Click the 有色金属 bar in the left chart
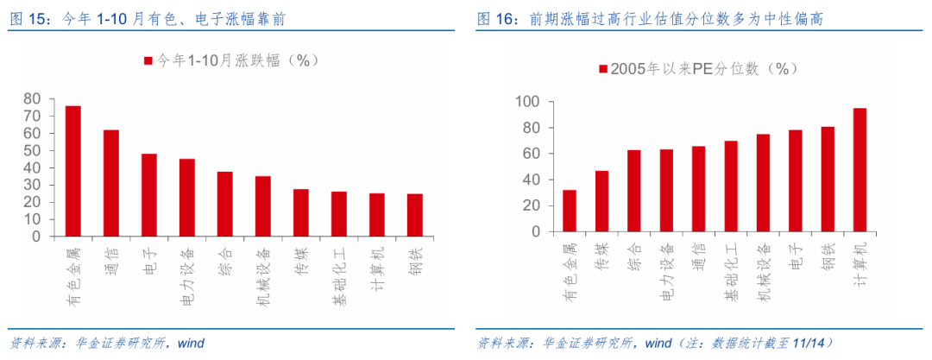pyautogui.click(x=73, y=171)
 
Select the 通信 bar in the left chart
pyautogui.click(x=111, y=183)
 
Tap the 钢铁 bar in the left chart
pyautogui.click(x=415, y=215)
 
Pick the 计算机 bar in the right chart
pyautogui.click(x=860, y=170)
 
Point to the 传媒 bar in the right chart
pyautogui.click(x=601, y=201)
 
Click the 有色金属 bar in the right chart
pyautogui.click(x=570, y=211)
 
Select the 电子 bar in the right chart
pyautogui.click(x=795, y=181)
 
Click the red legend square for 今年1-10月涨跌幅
pyautogui.click(x=148, y=60)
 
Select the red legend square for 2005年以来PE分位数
pyautogui.click(x=602, y=69)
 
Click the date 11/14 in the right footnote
pyautogui.click(x=815, y=343)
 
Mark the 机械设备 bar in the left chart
pyautogui.click(x=263, y=206)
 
